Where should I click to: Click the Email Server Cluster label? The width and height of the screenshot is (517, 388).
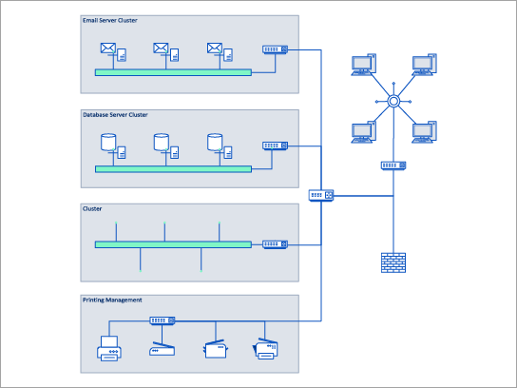click(x=110, y=20)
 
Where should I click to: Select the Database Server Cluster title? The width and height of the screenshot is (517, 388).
click(x=116, y=115)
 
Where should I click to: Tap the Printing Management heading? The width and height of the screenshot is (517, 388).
click(x=112, y=301)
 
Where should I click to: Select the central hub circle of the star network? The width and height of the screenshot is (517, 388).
click(x=392, y=102)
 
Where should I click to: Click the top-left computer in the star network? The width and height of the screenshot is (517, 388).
click(x=361, y=66)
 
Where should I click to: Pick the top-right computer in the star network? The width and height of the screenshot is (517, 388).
click(x=424, y=66)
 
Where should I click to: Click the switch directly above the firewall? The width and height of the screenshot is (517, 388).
click(x=393, y=165)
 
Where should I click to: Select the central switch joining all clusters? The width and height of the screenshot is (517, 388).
click(x=321, y=195)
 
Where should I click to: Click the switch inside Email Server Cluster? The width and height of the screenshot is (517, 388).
click(x=275, y=49)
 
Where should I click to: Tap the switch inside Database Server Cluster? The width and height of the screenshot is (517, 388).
click(x=275, y=145)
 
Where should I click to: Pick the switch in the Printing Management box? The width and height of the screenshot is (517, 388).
click(x=163, y=321)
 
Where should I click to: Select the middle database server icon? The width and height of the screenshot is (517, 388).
click(x=163, y=145)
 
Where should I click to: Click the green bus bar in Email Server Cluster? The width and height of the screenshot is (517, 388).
click(x=172, y=72)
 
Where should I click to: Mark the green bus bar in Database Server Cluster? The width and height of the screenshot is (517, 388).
click(x=172, y=168)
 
